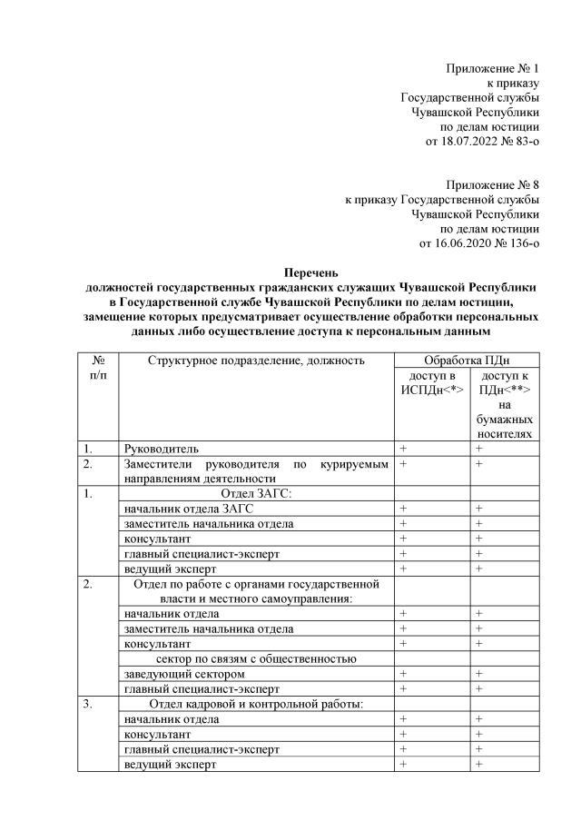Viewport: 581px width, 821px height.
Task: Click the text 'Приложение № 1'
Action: pyautogui.click(x=493, y=69)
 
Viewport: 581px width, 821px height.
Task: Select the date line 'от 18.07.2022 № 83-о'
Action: pyautogui.click(x=482, y=142)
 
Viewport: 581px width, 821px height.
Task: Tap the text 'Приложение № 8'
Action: pyautogui.click(x=493, y=185)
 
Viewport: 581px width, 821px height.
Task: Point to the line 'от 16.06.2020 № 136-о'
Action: pyautogui.click(x=479, y=243)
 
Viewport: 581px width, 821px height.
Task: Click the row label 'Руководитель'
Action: pyautogui.click(x=162, y=449)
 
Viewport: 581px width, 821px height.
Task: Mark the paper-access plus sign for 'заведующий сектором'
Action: pyautogui.click(x=478, y=674)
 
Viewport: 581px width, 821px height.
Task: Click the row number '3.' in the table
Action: pyautogui.click(x=87, y=704)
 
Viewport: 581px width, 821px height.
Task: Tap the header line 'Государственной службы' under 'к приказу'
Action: pyautogui.click(x=470, y=98)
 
